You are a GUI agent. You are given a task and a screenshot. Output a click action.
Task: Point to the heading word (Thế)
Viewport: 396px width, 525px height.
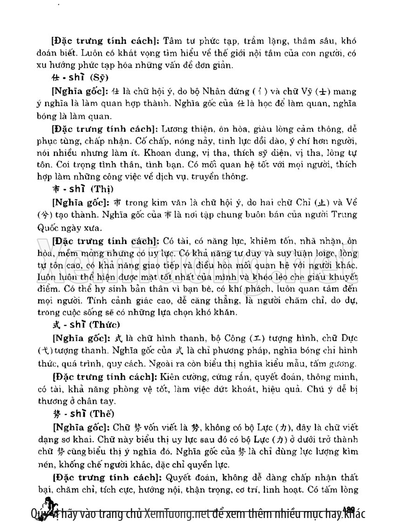102,413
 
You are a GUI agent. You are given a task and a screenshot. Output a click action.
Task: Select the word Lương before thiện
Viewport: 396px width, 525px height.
173,128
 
